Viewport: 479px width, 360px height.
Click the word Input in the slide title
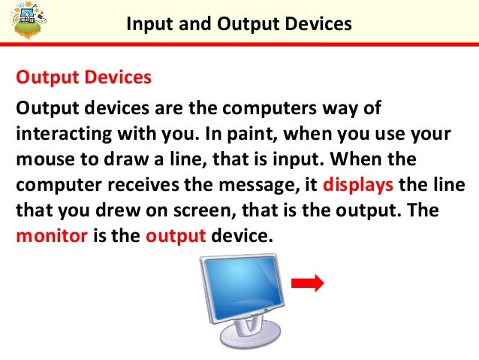(147, 24)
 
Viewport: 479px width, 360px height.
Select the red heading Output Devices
(83, 77)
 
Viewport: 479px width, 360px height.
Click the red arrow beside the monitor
(307, 283)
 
